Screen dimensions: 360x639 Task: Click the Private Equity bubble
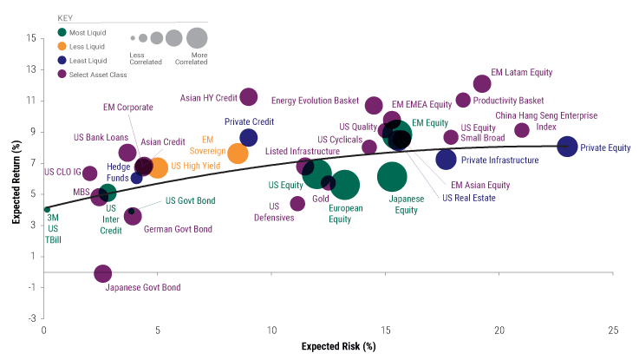[567, 147]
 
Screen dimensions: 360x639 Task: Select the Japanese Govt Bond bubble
[102, 273]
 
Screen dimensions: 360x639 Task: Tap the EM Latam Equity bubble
[482, 83]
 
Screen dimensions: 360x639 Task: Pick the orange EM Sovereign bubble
[238, 153]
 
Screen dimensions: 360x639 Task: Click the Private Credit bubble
[249, 137]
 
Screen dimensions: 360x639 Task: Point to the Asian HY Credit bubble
[249, 96]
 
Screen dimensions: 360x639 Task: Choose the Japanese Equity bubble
[392, 176]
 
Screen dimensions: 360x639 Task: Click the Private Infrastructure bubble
[446, 159]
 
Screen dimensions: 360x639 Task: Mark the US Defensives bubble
[297, 203]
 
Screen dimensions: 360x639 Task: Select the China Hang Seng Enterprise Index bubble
[522, 130]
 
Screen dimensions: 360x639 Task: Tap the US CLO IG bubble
[89, 173]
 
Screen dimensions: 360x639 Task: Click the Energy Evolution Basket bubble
[374, 105]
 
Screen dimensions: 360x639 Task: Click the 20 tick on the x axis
[499, 331]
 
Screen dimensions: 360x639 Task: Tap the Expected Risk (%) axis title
[338, 347]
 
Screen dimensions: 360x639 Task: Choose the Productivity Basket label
[509, 100]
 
